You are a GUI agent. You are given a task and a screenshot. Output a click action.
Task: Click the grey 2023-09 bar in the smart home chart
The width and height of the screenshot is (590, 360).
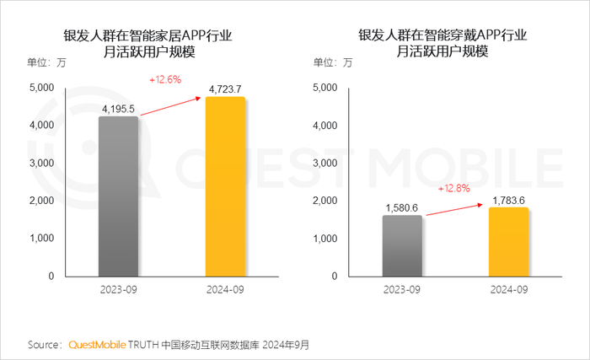tap(118, 196)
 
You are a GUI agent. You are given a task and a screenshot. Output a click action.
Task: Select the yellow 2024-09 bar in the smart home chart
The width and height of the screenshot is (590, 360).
tap(225, 186)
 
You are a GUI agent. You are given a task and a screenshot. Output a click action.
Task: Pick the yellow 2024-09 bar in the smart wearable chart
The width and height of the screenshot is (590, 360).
tap(508, 241)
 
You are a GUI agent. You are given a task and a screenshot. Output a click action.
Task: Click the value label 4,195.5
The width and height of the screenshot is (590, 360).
tap(118, 109)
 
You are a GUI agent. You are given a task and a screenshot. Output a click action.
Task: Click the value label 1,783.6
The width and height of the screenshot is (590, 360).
tap(508, 199)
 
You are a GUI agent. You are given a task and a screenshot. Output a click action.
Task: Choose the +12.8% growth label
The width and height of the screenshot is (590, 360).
tap(454, 188)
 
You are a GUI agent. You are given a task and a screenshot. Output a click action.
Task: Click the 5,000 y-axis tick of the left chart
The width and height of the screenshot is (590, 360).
tap(41, 88)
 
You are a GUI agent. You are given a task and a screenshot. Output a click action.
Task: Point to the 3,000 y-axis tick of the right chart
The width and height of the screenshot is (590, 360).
tap(324, 163)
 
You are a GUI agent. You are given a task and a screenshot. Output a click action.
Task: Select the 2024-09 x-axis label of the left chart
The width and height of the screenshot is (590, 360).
tap(225, 291)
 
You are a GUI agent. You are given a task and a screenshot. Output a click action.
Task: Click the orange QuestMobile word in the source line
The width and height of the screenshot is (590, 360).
tap(97, 345)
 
